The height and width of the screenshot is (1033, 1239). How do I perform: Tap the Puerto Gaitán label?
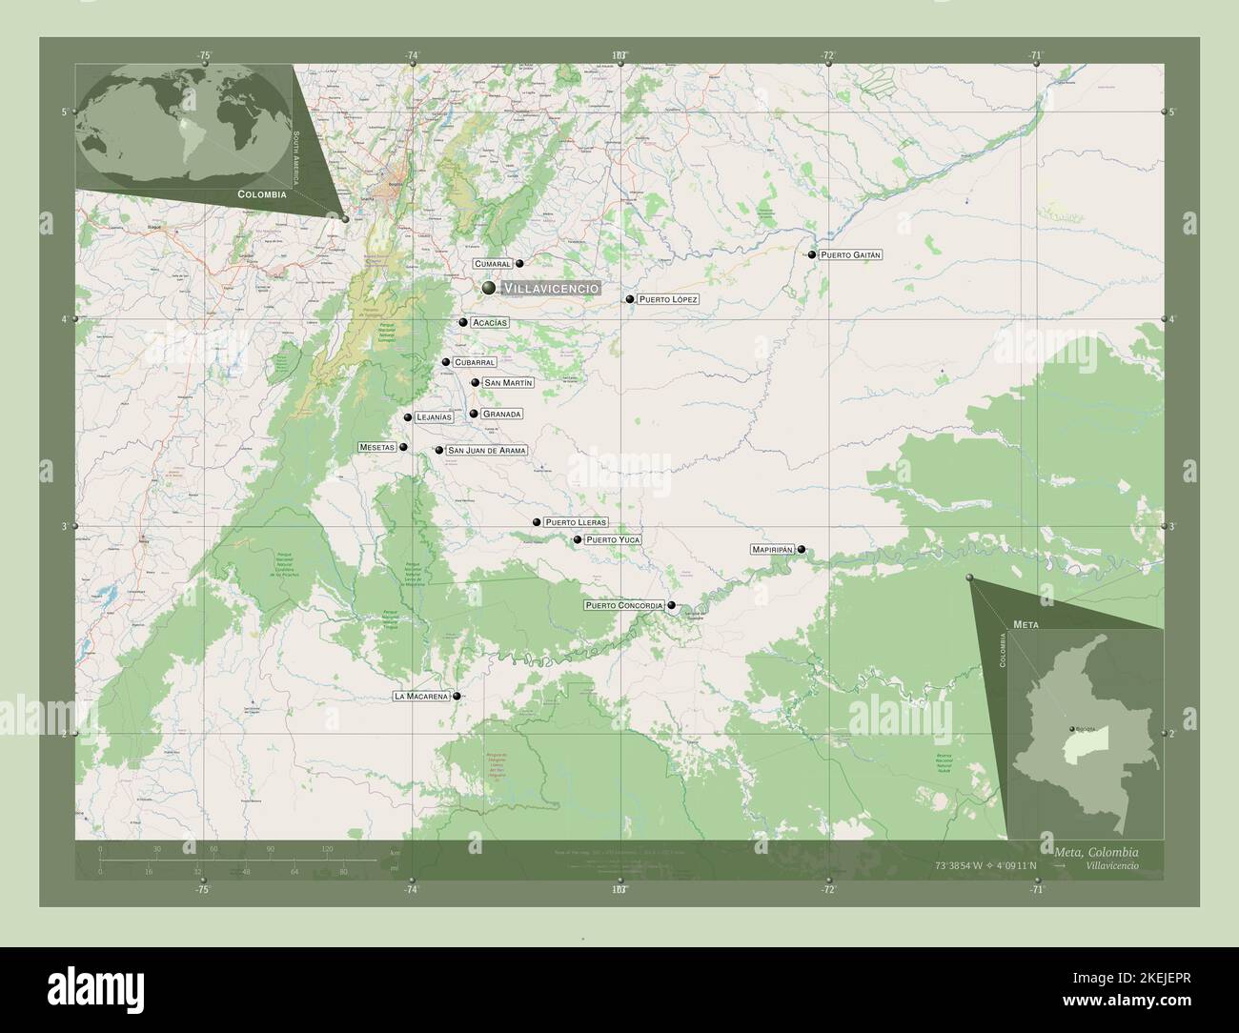[x=851, y=254]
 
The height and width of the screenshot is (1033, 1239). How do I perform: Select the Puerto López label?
[x=668, y=299]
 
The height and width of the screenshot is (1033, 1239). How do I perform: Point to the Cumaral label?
[x=493, y=263]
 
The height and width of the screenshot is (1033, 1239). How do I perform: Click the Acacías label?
[x=489, y=322]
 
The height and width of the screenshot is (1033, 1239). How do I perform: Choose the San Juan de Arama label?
[x=486, y=450]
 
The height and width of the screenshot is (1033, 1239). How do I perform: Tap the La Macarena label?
[x=420, y=697]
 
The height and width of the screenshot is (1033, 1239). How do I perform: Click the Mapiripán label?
[x=772, y=550]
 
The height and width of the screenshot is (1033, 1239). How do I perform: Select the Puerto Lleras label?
[x=576, y=522]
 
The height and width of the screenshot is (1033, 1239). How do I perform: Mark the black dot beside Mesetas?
[x=403, y=447]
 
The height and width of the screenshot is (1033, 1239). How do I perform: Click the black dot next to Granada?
[x=474, y=414]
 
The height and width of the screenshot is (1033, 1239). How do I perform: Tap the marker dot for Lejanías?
[x=408, y=417]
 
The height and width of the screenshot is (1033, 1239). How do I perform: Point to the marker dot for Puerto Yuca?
[x=577, y=539]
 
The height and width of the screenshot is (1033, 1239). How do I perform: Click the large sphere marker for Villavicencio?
[x=488, y=287]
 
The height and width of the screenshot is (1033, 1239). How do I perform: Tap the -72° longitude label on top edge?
[x=828, y=55]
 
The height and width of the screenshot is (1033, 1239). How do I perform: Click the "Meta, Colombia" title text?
[x=1095, y=851]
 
